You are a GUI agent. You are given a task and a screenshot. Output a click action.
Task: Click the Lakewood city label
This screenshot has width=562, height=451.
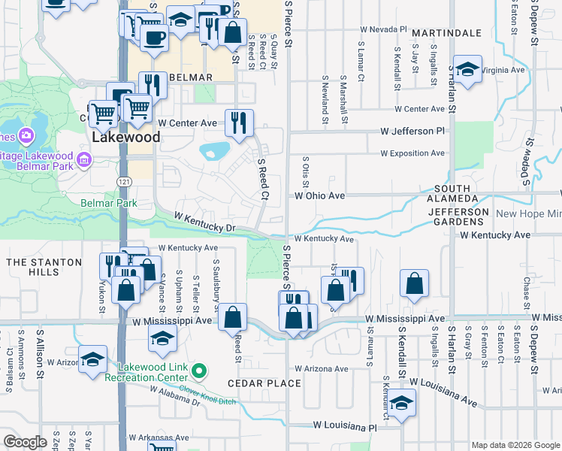[x=125, y=138]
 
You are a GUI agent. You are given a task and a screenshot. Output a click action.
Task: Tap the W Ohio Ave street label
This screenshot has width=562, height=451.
[x=319, y=195]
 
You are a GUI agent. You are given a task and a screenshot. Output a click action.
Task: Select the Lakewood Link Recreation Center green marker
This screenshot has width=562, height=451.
[x=198, y=371]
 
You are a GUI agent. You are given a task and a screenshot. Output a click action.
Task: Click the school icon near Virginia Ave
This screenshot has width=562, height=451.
[x=467, y=72]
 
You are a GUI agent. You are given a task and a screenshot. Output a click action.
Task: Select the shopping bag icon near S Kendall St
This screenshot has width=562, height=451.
[x=414, y=284]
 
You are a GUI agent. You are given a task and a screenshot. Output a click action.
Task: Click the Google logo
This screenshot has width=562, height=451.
[x=26, y=442]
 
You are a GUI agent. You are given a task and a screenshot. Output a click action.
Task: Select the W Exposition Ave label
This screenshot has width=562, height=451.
[x=412, y=153]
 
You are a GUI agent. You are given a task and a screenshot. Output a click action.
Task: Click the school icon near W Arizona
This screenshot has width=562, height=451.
[x=92, y=359]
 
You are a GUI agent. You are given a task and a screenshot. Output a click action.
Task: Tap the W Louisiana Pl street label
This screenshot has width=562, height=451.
[x=346, y=427]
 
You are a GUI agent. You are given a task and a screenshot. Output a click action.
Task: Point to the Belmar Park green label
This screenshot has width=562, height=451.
[x=109, y=203]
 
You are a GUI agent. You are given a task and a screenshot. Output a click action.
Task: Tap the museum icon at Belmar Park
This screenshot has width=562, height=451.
[x=84, y=159]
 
